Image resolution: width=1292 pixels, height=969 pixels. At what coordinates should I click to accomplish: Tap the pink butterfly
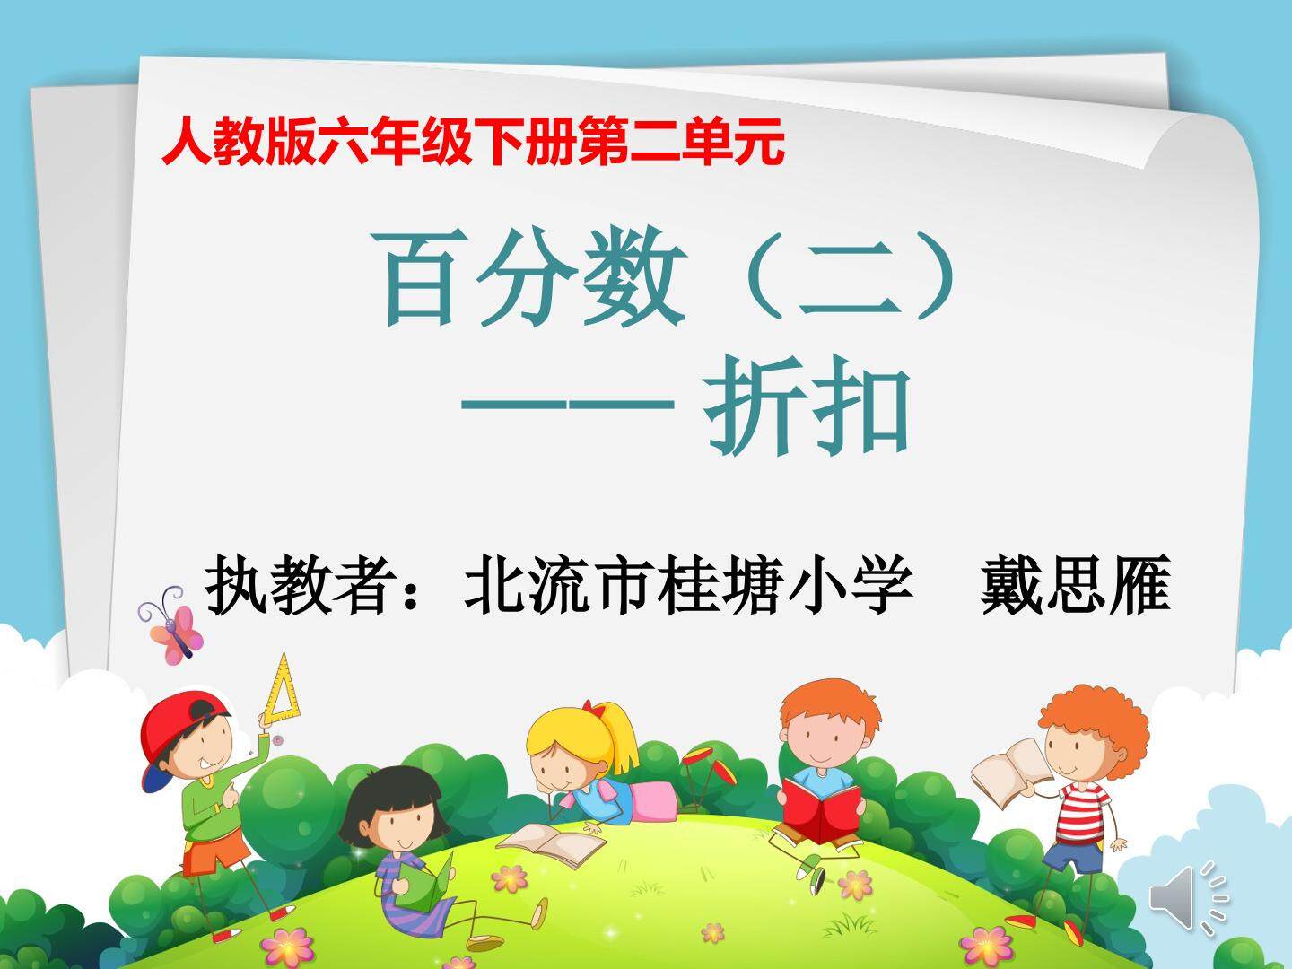pyautogui.click(x=170, y=624)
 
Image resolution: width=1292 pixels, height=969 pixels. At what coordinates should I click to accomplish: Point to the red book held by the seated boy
pyautogui.click(x=821, y=808)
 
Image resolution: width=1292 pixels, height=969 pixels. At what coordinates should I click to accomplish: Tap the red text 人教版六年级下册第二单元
pyautogui.click(x=473, y=144)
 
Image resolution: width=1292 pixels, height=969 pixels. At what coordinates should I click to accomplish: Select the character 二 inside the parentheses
pyautogui.click(x=847, y=283)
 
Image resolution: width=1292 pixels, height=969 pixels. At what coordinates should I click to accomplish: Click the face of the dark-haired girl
pyautogui.click(x=397, y=820)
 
